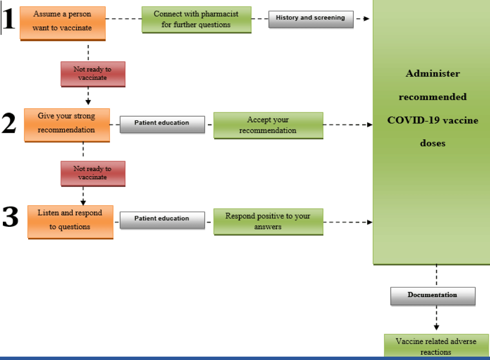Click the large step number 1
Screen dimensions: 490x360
9,18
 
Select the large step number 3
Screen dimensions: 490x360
10,217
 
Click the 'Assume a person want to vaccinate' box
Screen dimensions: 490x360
63,23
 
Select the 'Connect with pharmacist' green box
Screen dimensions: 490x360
196,20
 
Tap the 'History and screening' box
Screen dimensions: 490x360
311,19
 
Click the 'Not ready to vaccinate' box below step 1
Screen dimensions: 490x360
93,74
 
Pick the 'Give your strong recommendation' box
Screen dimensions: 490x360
67,125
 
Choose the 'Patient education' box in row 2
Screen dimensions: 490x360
163,124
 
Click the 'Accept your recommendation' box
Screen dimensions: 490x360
268,125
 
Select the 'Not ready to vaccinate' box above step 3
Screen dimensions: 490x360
93,174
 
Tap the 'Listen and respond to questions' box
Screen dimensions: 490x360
70,222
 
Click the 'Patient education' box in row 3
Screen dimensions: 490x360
163,220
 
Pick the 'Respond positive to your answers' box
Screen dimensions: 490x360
268,222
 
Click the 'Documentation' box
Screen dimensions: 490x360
433,296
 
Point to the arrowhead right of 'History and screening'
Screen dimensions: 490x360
366,19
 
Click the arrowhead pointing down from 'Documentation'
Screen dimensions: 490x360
437,327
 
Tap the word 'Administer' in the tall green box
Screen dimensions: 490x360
433,73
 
